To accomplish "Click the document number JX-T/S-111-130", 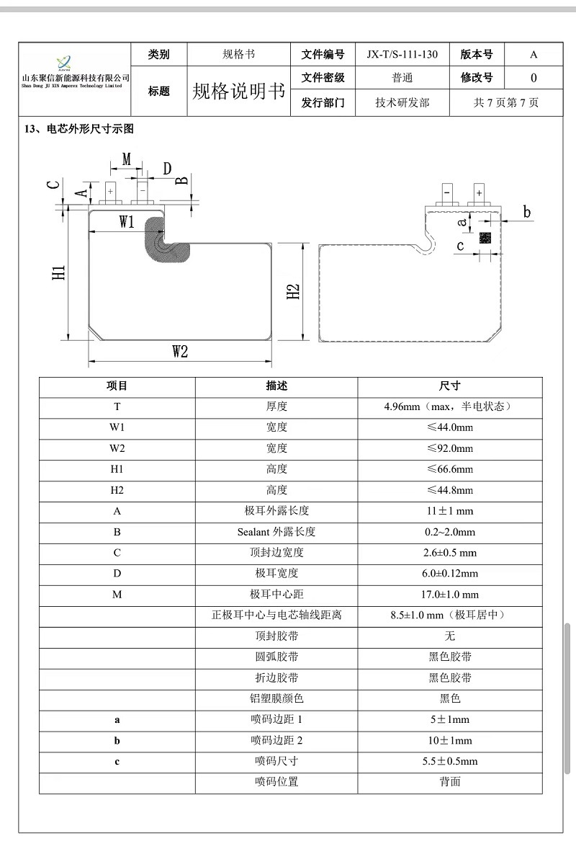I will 402,55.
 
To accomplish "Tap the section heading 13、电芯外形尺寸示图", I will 79,129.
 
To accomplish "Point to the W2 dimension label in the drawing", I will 180,352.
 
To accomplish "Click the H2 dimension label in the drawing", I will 293,292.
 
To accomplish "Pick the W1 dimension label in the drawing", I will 127,222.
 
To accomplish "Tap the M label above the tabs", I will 126,159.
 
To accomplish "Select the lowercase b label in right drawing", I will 526,212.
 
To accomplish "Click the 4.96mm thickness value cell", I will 449,406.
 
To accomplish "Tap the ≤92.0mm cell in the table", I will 449,448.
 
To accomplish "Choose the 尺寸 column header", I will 449,386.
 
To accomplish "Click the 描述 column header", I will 276,386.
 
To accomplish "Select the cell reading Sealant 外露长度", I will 276,532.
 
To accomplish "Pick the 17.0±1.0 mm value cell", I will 449,595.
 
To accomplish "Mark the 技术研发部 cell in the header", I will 402,102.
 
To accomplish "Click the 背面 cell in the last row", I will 449,781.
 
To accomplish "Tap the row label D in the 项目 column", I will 117,574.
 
